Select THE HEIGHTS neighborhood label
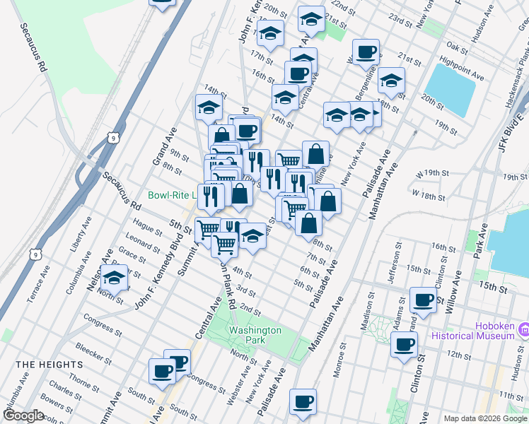click(49, 365)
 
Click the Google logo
click(23, 416)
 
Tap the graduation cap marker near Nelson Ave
click(114, 278)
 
